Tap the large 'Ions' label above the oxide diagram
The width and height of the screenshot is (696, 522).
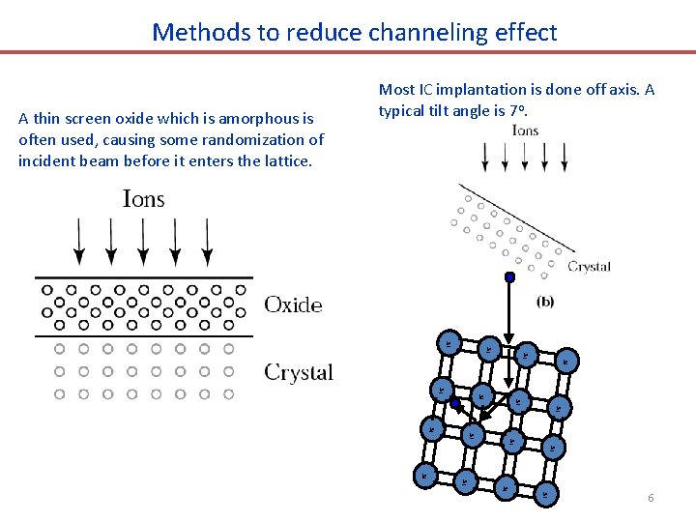pyautogui.click(x=143, y=200)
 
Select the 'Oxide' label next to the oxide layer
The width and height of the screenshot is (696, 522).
pyautogui.click(x=293, y=305)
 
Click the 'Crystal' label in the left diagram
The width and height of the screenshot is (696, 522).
pyautogui.click(x=299, y=372)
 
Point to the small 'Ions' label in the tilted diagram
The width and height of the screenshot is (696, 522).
pyautogui.click(x=525, y=130)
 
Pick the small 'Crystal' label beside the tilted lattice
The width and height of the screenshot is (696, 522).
pyautogui.click(x=589, y=267)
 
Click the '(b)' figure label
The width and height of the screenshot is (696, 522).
pyautogui.click(x=545, y=302)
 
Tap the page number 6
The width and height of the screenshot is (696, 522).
pyautogui.click(x=651, y=498)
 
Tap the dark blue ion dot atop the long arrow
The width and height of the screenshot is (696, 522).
pyautogui.click(x=509, y=277)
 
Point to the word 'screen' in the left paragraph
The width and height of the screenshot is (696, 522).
pyautogui.click(x=90, y=119)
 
